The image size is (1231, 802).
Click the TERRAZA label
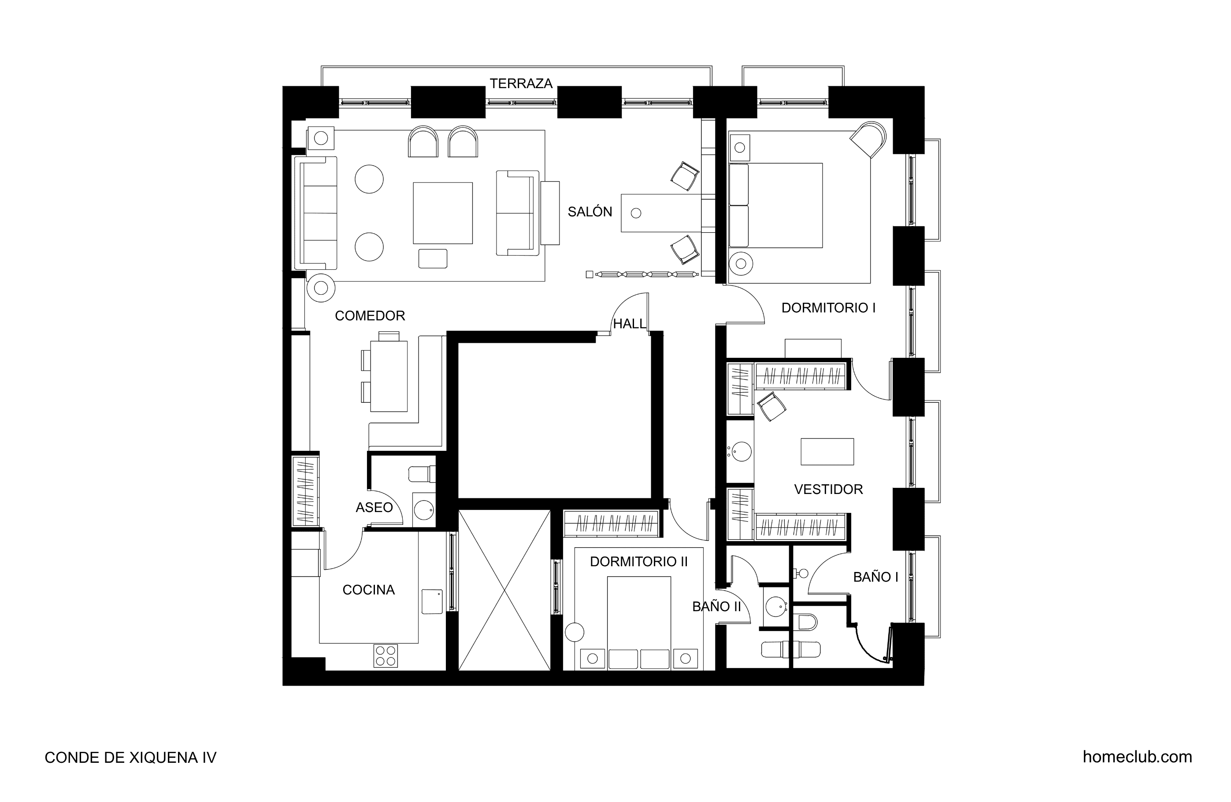point(521,83)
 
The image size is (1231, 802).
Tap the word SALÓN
point(590,212)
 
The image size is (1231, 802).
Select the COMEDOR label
point(370,316)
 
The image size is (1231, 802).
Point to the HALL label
point(630,324)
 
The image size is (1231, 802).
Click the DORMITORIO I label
point(828,308)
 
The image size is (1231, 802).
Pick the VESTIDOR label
point(828,490)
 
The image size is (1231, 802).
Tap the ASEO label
point(374,508)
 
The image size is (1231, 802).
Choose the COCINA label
point(368,590)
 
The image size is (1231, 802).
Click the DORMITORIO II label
point(639,561)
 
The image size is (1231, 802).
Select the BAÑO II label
point(716,606)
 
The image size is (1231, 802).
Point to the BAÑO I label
point(875,577)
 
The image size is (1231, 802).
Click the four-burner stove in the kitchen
point(386,656)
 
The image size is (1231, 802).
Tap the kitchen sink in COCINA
point(432,601)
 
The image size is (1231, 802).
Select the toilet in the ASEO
point(422,474)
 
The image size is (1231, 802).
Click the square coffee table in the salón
point(443,213)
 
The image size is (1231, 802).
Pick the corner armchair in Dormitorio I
point(868,139)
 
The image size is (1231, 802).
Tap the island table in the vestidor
point(827,452)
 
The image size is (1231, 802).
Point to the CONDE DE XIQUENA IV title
point(130,757)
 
